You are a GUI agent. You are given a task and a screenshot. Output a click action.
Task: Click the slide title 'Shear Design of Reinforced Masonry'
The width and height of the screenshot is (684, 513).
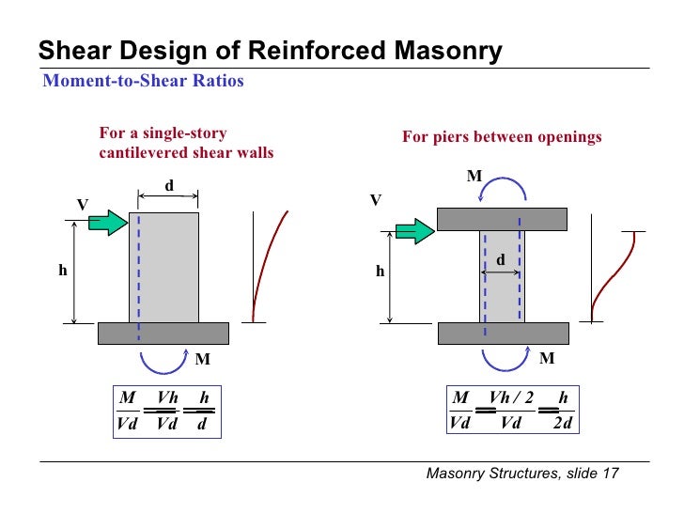pos(270,51)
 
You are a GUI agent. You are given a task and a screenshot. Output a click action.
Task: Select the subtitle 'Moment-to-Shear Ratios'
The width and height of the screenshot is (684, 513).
pos(144,81)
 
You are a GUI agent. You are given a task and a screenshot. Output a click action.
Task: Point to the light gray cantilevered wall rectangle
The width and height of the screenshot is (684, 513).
pos(163,267)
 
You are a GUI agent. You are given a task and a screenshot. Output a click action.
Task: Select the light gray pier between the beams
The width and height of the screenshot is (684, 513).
pos(500,276)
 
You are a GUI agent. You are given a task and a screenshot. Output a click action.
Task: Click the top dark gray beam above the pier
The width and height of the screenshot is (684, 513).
pos(503,219)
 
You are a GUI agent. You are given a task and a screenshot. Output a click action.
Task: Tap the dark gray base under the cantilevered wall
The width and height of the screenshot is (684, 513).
pos(163,333)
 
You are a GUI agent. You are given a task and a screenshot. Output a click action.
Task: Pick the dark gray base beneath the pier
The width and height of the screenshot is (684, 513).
pos(503,333)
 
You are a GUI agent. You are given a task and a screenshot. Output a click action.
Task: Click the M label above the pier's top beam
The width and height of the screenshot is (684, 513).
pos(474,177)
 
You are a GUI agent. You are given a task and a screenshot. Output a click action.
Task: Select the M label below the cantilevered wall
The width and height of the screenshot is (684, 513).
pos(202,359)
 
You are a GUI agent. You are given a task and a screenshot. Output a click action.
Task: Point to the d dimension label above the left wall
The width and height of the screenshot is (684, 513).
pos(169,185)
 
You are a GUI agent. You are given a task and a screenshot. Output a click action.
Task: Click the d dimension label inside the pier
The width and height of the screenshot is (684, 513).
pos(500,258)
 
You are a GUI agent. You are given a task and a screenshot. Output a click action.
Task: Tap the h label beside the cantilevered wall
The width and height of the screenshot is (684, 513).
pos(63,271)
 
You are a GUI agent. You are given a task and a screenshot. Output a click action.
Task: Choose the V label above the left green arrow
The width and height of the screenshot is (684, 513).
pos(82,204)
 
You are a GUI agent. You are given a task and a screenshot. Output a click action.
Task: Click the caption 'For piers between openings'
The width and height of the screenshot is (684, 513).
pos(502,137)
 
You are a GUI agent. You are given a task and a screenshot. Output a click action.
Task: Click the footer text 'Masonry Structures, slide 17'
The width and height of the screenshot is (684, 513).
pos(522,474)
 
